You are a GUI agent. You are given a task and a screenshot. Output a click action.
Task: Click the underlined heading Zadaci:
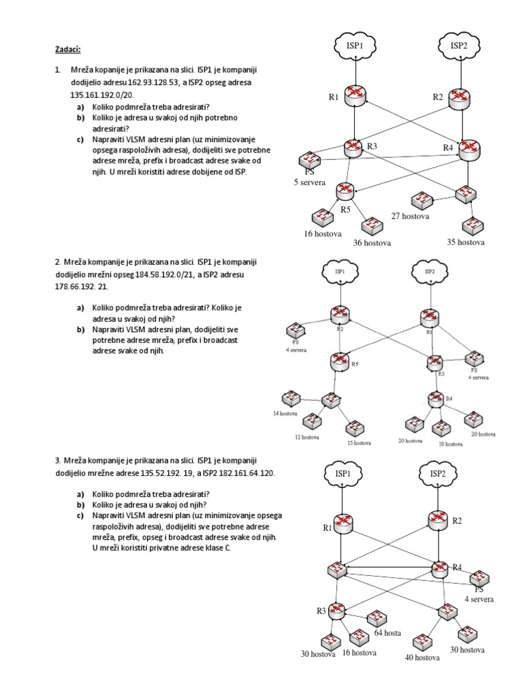pyautogui.click(x=68, y=50)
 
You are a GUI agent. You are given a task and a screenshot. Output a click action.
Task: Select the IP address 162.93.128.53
pyautogui.click(x=153, y=82)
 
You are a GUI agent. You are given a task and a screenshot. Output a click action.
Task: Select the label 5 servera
pyautogui.click(x=310, y=183)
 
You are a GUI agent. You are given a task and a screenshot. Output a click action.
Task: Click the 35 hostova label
pyautogui.click(x=465, y=242)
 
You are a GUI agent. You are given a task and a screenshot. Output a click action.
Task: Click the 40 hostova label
pyautogui.click(x=423, y=658)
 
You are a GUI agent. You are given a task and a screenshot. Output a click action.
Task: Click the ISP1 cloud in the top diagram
pyautogui.click(x=354, y=46)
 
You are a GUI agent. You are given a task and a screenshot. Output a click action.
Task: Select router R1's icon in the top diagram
pyautogui.click(x=354, y=96)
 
